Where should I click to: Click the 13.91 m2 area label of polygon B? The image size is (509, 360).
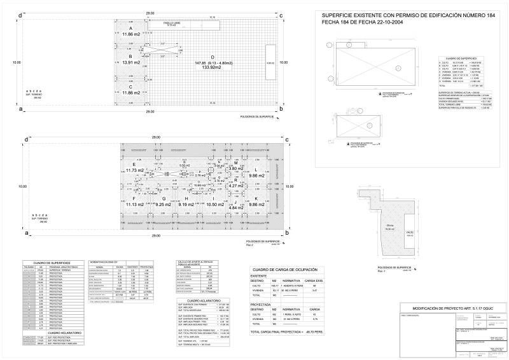pos(131,63)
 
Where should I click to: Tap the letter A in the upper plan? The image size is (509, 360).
pos(130,29)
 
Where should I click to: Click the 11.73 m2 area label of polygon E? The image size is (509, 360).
pos(135,170)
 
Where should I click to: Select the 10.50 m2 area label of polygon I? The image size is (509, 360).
pos(211,205)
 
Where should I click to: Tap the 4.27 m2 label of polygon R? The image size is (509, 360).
pos(236,185)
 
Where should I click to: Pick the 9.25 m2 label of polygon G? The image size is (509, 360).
pos(164,205)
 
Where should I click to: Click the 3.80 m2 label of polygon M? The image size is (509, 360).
pos(237,169)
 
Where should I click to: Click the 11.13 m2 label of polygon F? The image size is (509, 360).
pos(135,205)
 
